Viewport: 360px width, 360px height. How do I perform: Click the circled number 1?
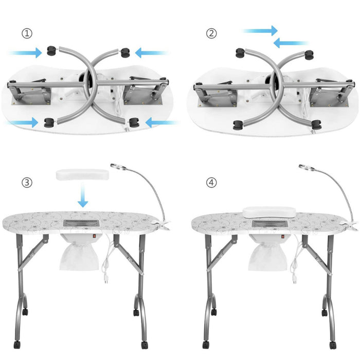[x=27, y=33]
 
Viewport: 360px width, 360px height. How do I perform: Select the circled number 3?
[x=27, y=183]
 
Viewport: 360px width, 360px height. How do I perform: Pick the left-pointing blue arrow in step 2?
[x=291, y=43]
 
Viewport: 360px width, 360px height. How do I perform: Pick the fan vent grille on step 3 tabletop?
[x=80, y=224]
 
